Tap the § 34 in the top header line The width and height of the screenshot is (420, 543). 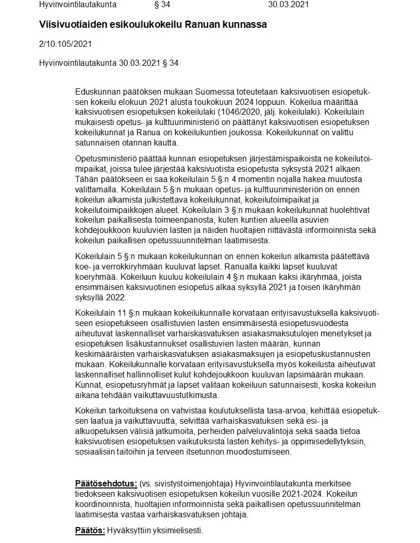tap(162, 5)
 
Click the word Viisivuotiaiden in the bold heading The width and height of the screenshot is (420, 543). tap(69, 25)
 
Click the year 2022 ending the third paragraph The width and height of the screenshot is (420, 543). tap(116, 298)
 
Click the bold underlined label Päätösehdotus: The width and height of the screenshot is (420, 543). tap(106, 484)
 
